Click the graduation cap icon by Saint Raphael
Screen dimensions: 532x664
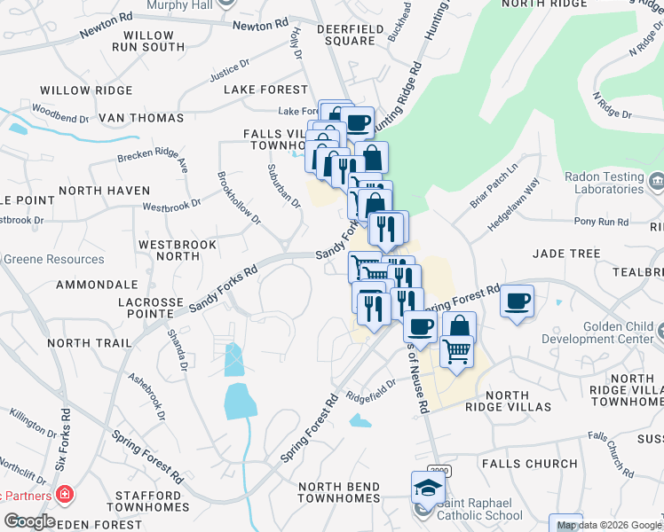click(x=428, y=487)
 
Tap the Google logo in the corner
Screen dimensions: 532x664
click(x=29, y=520)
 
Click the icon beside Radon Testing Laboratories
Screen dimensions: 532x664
click(x=656, y=182)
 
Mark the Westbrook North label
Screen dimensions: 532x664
click(x=169, y=249)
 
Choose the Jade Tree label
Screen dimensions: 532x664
click(x=566, y=254)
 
